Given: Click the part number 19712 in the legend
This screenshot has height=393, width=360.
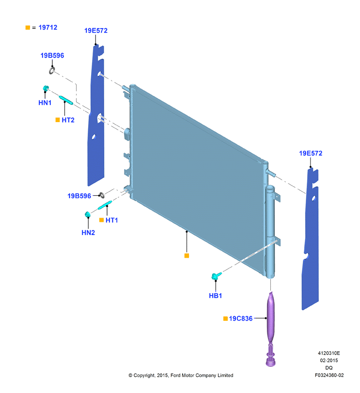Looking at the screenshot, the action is (48, 27).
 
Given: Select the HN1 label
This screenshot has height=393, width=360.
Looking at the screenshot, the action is (45, 103).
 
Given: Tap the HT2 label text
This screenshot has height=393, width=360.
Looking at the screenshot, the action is (68, 120).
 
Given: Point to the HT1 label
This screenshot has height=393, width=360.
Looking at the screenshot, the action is (112, 220).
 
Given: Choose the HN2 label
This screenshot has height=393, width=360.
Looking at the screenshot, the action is (88, 233).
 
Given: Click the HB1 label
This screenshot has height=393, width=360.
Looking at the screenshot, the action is (216, 296).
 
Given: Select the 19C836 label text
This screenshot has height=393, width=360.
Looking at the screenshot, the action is (241, 318).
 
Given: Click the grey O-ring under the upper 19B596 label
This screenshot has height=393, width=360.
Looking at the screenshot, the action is (52, 70).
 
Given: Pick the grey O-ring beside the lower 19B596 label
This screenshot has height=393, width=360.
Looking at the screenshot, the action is (102, 195).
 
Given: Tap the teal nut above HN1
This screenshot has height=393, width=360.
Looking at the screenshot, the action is (46, 88).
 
